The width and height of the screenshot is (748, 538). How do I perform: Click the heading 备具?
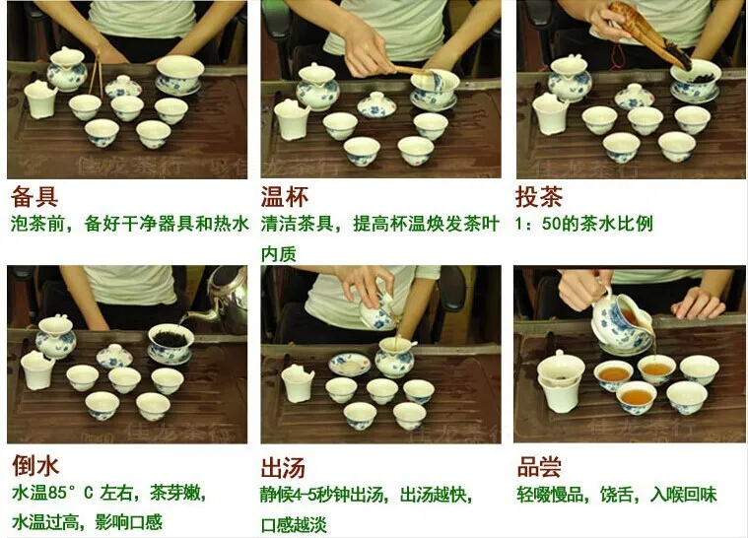click(34, 196)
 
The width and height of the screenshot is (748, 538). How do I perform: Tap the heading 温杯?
click(284, 196)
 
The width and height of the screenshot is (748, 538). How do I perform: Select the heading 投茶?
click(538, 196)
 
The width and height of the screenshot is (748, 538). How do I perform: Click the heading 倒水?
click(35, 465)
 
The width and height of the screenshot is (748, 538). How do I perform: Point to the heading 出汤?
click(283, 468)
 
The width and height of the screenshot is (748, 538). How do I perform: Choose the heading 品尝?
click(539, 466)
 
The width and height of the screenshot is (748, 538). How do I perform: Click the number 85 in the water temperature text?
click(58, 493)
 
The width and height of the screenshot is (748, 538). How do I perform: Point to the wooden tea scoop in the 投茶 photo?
click(651, 34)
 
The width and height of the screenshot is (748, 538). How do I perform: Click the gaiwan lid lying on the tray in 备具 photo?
click(123, 87)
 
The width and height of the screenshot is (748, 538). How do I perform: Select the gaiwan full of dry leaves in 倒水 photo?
click(170, 344)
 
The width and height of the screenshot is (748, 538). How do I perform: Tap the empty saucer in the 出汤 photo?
click(350, 365)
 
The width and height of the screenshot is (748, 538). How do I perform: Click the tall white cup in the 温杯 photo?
click(292, 119)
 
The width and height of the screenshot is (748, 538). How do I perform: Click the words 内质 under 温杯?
click(279, 254)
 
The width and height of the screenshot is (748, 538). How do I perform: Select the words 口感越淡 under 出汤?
click(294, 524)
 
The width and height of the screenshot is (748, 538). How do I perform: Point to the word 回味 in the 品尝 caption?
click(701, 494)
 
